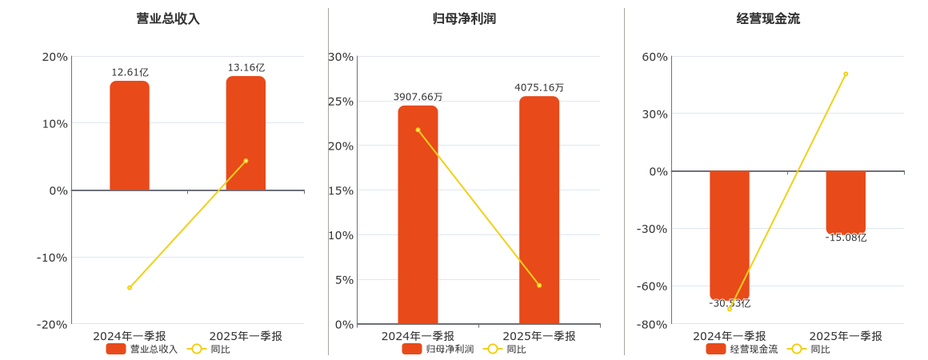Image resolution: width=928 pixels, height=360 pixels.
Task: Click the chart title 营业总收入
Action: (168, 18)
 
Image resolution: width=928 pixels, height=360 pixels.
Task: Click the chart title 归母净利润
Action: (464, 18)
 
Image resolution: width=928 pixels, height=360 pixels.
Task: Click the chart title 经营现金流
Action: (768, 18)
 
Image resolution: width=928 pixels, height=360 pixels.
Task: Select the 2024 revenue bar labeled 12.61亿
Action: (130, 136)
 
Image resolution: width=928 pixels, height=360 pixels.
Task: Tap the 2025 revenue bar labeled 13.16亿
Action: (246, 134)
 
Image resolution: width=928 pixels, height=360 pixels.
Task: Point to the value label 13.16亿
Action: (246, 68)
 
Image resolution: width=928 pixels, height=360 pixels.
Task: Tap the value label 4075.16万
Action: (539, 88)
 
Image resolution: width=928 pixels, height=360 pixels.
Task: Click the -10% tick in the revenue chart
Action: (52, 258)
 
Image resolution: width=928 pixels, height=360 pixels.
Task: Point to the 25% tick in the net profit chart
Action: (341, 102)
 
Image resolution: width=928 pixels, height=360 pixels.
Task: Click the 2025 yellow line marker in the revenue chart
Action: (246, 161)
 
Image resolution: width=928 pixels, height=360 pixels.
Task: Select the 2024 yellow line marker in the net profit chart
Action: (418, 130)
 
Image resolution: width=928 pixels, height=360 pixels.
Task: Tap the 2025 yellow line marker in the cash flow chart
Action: (846, 74)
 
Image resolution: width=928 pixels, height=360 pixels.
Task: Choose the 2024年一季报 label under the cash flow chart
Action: (730, 336)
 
